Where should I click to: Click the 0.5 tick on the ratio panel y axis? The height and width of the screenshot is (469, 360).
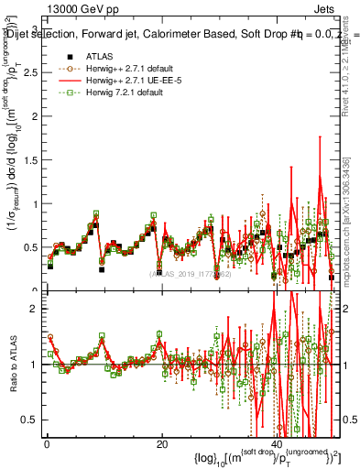pyautogui.click(x=29, y=420)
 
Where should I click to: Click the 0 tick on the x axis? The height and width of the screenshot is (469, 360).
pyautogui.click(x=47, y=445)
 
